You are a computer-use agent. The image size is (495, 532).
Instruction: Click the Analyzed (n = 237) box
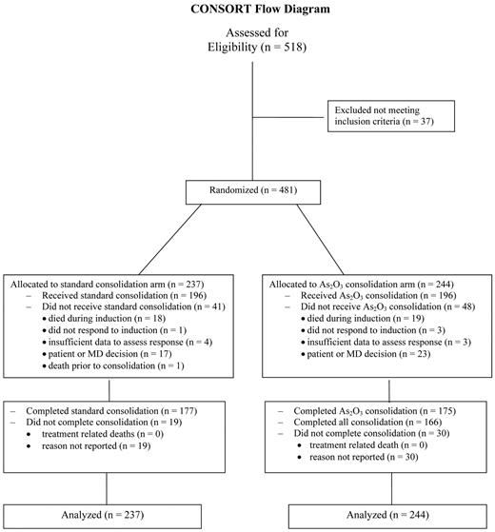pos(110,514)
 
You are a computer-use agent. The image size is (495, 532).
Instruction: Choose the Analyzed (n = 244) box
pos(386,514)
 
